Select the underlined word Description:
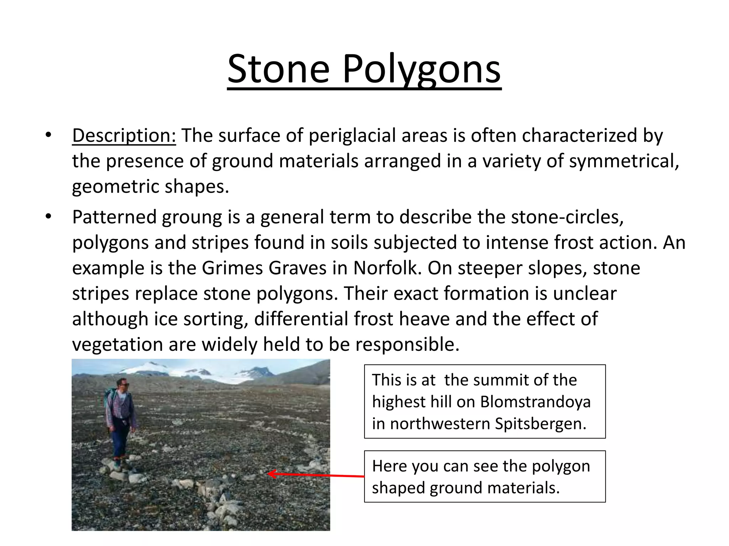tap(124, 136)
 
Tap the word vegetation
tap(117, 344)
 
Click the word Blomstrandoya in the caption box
tap(535, 402)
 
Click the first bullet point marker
tap(49, 135)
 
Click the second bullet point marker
tap(49, 216)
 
